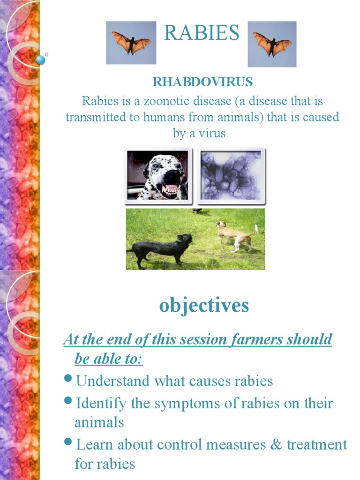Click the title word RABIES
(x=202, y=33)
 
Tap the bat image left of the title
(x=131, y=43)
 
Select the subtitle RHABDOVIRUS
(x=202, y=82)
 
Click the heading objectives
(x=204, y=305)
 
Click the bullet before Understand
(x=68, y=379)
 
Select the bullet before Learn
(x=68, y=442)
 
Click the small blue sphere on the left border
(x=41, y=60)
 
